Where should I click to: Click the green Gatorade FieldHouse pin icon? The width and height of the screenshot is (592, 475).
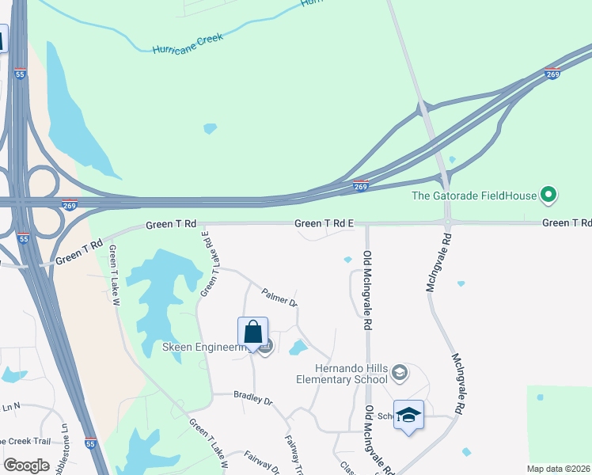(547, 195)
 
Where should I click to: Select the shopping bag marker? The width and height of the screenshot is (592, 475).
(252, 332)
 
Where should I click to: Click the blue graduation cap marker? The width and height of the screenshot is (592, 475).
(408, 415)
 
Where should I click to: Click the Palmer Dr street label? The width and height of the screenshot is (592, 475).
(279, 298)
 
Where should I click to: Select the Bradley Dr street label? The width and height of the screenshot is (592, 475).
(252, 397)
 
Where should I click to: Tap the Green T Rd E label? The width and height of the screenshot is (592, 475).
(324, 224)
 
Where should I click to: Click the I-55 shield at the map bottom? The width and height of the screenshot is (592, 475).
(91, 444)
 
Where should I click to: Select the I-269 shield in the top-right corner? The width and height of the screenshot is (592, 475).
(552, 74)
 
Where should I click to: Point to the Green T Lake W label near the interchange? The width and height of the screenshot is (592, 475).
(115, 269)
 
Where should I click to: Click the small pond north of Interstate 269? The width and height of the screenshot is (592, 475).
(210, 128)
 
